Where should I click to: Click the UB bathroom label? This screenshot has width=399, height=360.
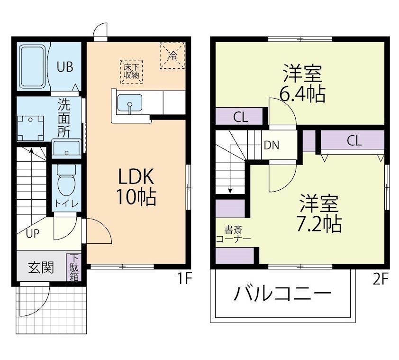click(x=65, y=67)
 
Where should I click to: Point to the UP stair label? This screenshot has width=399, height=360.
click(x=32, y=234)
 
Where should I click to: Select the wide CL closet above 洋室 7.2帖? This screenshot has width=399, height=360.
click(x=353, y=141)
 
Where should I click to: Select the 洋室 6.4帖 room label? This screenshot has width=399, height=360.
click(x=303, y=83)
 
